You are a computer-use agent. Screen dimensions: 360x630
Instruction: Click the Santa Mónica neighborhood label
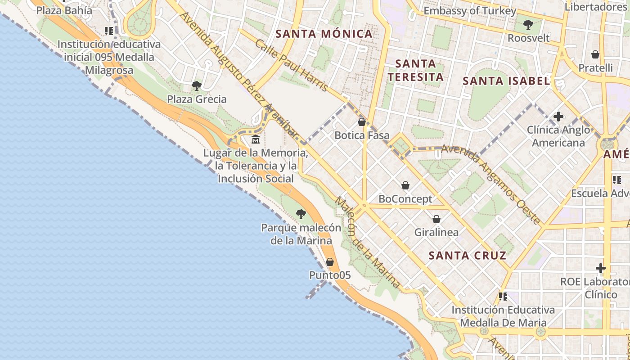click(x=324, y=34)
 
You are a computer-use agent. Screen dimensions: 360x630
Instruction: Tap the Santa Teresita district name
click(x=416, y=70)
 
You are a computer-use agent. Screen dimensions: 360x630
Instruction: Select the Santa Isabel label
click(x=506, y=81)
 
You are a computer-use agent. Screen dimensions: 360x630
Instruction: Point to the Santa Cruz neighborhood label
click(x=467, y=256)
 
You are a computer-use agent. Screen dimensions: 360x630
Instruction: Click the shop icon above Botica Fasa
click(x=361, y=122)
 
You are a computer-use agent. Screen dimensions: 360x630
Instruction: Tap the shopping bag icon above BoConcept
click(x=405, y=185)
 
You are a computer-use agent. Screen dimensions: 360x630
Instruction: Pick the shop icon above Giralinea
click(x=436, y=219)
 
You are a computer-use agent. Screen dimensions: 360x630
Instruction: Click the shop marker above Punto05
click(x=330, y=262)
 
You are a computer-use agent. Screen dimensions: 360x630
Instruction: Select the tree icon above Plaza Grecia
click(x=196, y=85)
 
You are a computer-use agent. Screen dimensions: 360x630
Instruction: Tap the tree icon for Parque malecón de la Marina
click(x=301, y=214)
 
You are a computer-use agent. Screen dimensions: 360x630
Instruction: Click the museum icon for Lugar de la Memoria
click(x=256, y=139)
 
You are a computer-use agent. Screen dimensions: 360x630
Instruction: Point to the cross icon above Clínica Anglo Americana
click(x=558, y=117)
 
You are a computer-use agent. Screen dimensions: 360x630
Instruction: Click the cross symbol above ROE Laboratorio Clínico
click(x=601, y=269)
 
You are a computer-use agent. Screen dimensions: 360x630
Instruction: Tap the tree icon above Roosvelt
click(x=528, y=24)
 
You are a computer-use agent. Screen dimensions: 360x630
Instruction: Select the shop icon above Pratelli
click(x=595, y=54)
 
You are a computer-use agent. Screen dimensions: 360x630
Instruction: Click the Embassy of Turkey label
click(x=470, y=11)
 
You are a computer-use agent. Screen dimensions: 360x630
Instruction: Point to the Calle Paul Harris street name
click(x=292, y=66)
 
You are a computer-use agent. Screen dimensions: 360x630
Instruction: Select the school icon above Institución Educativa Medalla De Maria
click(x=503, y=297)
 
